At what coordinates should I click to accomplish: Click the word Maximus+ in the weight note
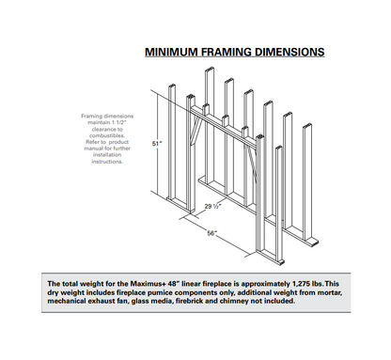126,283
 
